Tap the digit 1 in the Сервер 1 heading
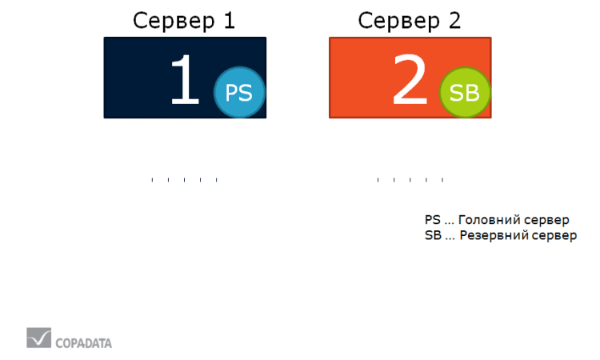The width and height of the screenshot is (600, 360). (x=227, y=20)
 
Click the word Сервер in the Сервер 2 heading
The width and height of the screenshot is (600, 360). (x=396, y=20)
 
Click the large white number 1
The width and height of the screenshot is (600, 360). (x=185, y=81)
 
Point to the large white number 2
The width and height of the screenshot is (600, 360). (x=410, y=81)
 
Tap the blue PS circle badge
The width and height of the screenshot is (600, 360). (x=238, y=93)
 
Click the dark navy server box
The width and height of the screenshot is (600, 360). (x=136, y=78)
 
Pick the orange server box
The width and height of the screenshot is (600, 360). (x=360, y=78)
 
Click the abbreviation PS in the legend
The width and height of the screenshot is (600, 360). (x=432, y=219)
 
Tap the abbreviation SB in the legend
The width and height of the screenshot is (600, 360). (x=433, y=236)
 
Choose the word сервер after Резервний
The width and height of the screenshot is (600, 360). (x=557, y=236)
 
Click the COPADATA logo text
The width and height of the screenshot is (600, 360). (x=83, y=343)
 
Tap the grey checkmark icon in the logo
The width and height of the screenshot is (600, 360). (x=38, y=338)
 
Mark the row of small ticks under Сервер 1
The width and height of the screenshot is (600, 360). (x=184, y=180)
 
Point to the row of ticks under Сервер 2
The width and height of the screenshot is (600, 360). (x=410, y=180)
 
